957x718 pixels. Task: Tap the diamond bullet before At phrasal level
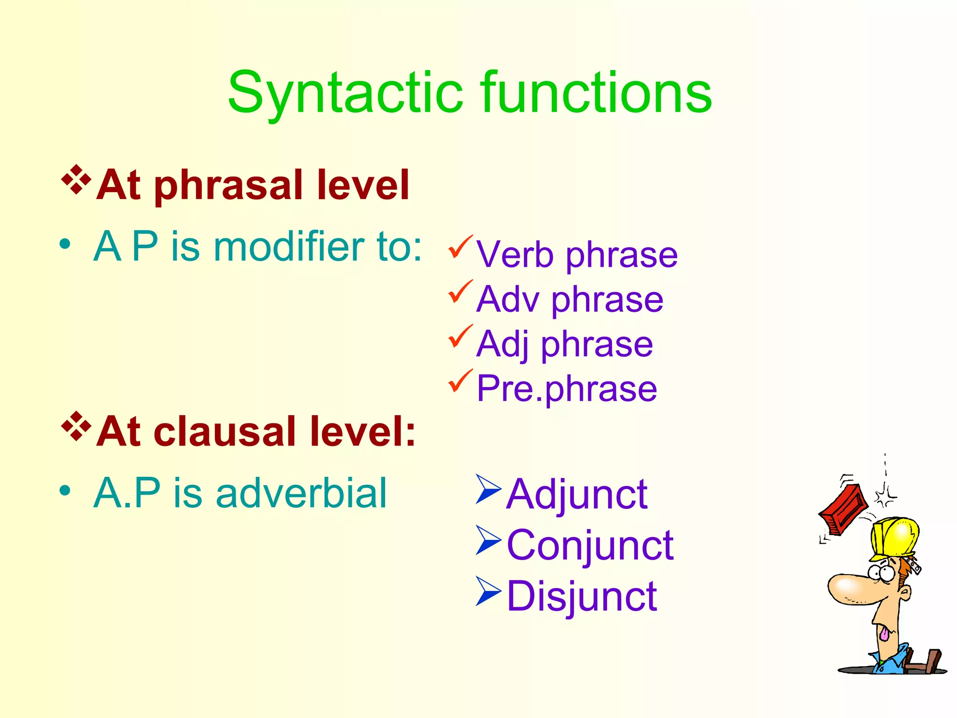(x=76, y=179)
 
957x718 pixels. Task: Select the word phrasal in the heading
(x=229, y=186)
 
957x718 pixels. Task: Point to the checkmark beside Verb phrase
(x=460, y=247)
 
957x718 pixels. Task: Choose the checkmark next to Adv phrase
(x=460, y=292)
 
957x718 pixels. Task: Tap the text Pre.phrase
(x=566, y=388)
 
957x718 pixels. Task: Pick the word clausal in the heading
(x=224, y=432)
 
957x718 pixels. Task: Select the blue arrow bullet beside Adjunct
(x=488, y=489)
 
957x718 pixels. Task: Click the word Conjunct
(x=590, y=545)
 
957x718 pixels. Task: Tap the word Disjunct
(x=582, y=596)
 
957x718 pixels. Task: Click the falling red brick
(x=843, y=510)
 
